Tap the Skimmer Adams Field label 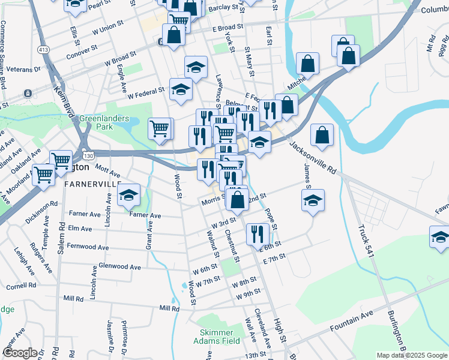click(217, 336)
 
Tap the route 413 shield click(43, 48)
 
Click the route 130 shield click(88, 156)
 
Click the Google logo click(20, 353)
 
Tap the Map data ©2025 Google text click(412, 355)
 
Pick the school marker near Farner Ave click(128, 197)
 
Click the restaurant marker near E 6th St click(258, 233)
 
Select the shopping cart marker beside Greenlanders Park click(159, 128)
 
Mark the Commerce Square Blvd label click(4, 54)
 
